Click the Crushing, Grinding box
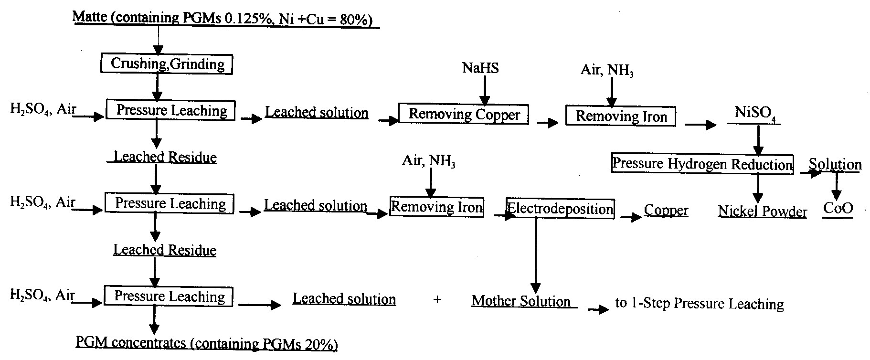point(167,64)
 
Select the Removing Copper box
point(464,115)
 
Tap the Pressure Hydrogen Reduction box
point(702,164)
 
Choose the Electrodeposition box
point(560,209)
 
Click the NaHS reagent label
point(480,68)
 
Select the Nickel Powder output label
point(763,212)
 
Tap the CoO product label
point(838,209)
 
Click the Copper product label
point(666,211)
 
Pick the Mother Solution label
point(521,302)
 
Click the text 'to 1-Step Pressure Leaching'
point(700,304)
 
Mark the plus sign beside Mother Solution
point(437,300)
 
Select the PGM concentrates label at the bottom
point(207,344)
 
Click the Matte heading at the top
point(226,19)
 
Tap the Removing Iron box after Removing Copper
point(621,116)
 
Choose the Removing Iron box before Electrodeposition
point(436,206)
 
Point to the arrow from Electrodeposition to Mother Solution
point(536,256)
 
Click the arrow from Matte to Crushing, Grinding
point(158,41)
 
